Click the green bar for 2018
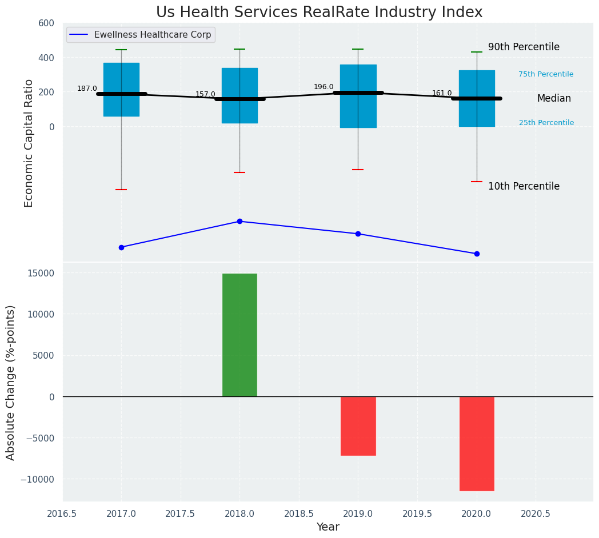click(x=239, y=335)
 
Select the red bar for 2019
click(x=358, y=425)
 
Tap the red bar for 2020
click(x=477, y=443)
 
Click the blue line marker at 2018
click(x=239, y=221)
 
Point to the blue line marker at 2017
click(x=121, y=247)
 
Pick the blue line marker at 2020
click(x=477, y=254)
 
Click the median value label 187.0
click(x=87, y=89)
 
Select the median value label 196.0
click(x=324, y=87)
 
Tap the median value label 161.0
click(x=442, y=93)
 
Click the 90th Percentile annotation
click(x=524, y=47)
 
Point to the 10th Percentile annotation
click(x=524, y=186)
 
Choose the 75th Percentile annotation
click(x=546, y=74)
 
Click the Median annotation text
click(x=554, y=98)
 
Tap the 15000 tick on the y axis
click(x=38, y=273)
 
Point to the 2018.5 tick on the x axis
click(x=299, y=513)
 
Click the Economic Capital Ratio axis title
click(x=29, y=143)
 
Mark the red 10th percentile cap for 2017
click(x=121, y=190)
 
